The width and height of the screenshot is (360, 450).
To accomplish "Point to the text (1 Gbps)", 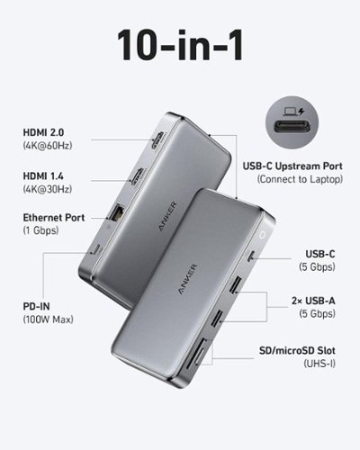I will (x=40, y=231).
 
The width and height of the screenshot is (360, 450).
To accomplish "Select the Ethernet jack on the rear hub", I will (x=120, y=213).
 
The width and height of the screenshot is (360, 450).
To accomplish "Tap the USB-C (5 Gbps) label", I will (x=317, y=258).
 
